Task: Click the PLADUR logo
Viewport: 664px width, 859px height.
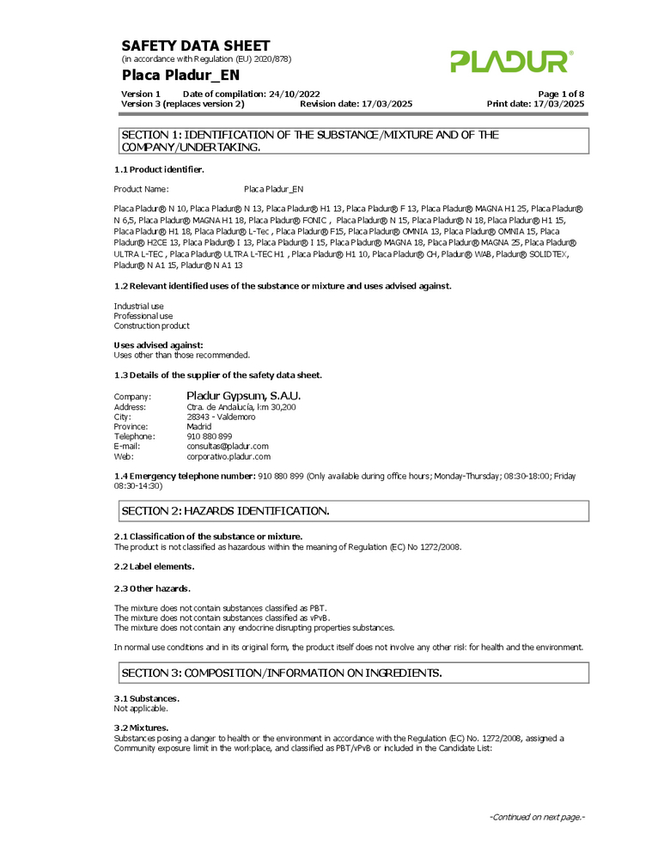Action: click(x=511, y=61)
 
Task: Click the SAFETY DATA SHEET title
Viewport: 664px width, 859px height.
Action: click(x=196, y=46)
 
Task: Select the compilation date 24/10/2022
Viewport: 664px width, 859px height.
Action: click(x=295, y=94)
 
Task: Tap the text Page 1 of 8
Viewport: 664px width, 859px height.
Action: click(x=561, y=94)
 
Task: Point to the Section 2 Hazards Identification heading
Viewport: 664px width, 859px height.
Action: click(x=225, y=511)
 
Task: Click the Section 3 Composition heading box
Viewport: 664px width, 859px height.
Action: click(x=353, y=673)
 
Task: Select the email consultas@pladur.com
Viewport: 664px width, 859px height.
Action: click(x=228, y=447)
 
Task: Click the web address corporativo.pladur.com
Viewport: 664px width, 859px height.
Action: click(x=228, y=457)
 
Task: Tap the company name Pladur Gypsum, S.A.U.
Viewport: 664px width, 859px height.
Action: click(x=243, y=395)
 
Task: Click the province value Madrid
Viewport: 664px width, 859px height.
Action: click(x=198, y=427)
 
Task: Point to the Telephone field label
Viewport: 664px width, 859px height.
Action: click(x=134, y=436)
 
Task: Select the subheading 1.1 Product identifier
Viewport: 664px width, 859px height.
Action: click(x=159, y=169)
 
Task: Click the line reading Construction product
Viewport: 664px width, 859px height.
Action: click(x=152, y=326)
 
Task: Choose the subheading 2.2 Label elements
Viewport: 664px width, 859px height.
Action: click(x=155, y=566)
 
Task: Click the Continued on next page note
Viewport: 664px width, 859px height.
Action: click(x=537, y=817)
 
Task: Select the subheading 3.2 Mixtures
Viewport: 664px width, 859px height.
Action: click(x=141, y=728)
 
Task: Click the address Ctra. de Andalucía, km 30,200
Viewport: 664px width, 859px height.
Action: click(x=241, y=406)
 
